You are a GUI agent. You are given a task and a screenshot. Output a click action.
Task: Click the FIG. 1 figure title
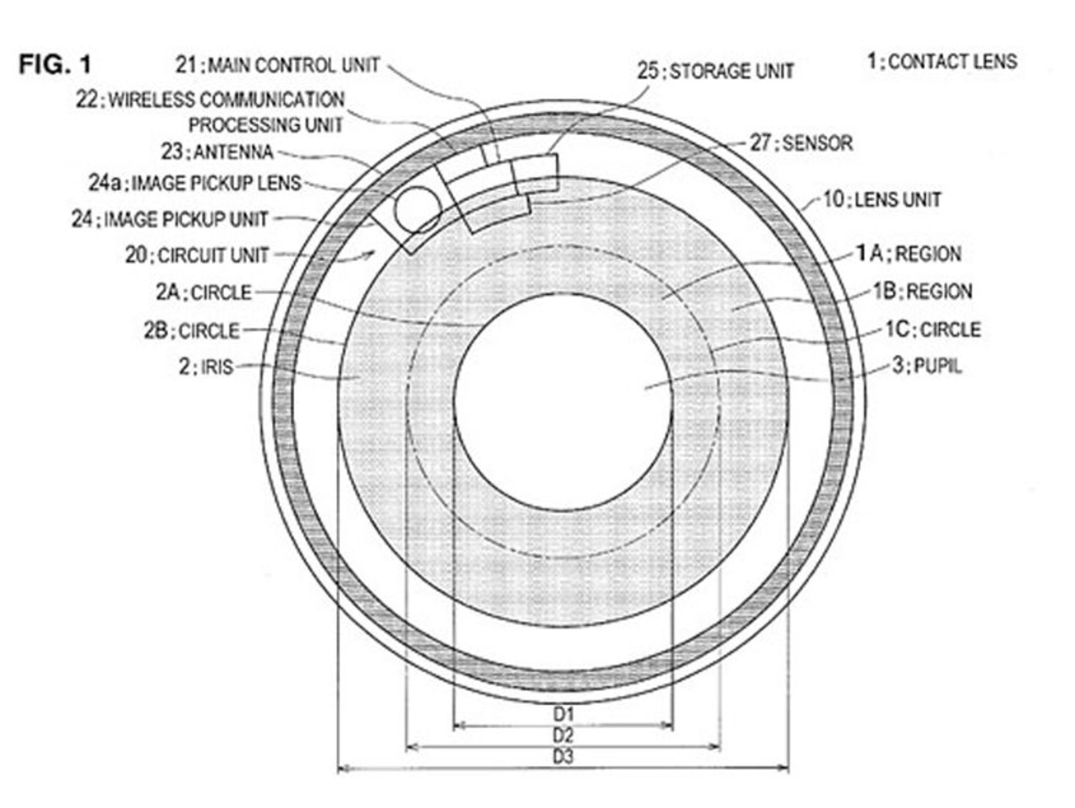(x=55, y=64)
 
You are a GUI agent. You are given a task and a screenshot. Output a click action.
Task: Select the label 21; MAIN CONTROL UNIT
(x=278, y=65)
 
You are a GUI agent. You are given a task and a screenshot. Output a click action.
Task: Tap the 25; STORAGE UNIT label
(x=716, y=71)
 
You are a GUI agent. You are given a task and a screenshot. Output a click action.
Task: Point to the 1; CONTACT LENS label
(x=942, y=62)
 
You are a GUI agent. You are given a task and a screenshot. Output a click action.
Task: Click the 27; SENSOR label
(x=801, y=143)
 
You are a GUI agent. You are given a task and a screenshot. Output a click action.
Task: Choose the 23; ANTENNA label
(x=217, y=152)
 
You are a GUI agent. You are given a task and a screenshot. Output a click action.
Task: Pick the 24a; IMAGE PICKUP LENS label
(x=195, y=183)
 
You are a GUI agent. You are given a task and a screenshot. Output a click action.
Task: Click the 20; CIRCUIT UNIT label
(x=197, y=255)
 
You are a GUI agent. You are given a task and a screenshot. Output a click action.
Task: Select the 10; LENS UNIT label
(x=882, y=200)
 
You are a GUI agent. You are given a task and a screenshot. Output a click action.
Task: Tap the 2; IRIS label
(x=205, y=367)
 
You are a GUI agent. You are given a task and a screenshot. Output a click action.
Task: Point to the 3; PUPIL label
(x=927, y=366)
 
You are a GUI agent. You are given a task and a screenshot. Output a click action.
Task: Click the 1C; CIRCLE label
(x=933, y=330)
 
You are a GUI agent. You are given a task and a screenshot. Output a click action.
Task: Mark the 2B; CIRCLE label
(x=191, y=331)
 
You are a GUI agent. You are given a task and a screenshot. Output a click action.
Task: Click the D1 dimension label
(x=564, y=714)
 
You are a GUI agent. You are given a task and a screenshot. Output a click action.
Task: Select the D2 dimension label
(x=564, y=735)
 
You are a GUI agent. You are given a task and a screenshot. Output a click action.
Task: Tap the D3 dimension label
(x=564, y=757)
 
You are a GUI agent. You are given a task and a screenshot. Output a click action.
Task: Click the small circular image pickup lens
(x=418, y=210)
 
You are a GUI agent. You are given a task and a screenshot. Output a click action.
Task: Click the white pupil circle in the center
(x=563, y=402)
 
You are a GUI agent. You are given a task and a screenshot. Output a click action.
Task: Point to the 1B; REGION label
(x=923, y=292)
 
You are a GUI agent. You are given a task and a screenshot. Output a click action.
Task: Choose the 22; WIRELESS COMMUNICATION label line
(x=210, y=100)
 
